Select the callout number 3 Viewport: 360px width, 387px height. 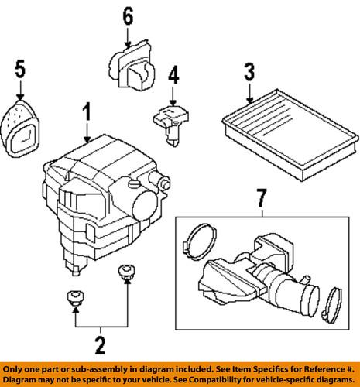249,75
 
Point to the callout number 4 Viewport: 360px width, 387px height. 173,76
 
